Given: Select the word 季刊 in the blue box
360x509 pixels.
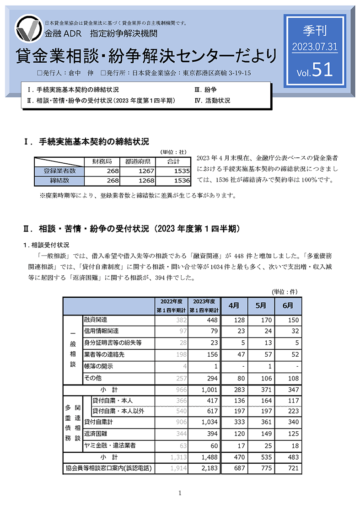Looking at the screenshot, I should [312, 32].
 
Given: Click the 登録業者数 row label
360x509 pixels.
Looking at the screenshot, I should [59, 171].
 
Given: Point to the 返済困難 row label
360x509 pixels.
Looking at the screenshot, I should [96, 433].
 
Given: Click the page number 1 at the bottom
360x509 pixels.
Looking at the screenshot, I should [180, 493].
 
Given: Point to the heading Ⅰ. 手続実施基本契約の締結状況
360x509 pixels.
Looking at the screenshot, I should [86, 141].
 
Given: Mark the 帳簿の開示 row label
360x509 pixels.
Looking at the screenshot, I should [98, 366].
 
